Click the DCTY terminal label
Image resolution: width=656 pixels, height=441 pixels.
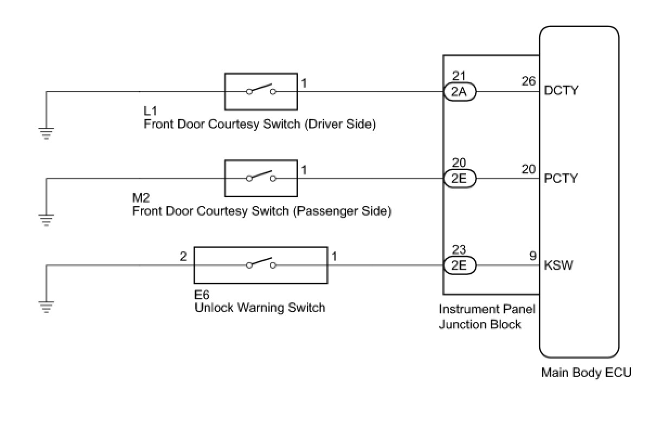pos(561,90)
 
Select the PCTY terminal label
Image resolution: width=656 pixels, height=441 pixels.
pos(561,178)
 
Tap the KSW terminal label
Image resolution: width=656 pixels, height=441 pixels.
pos(558,266)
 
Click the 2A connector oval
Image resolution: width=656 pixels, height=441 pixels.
pos(459,92)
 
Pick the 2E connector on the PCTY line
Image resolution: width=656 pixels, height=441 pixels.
pos(459,179)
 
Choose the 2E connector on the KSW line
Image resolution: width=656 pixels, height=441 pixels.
pos(459,265)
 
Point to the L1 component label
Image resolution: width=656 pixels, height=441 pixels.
pos(150,111)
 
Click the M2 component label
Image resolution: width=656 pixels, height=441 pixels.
pos(141,198)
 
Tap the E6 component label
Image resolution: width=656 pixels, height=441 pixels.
pos(202,295)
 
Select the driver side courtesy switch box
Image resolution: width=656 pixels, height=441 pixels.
pos(261,92)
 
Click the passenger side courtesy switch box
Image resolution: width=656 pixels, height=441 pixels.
pos(261,178)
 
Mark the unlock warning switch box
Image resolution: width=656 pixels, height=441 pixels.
pos(261,265)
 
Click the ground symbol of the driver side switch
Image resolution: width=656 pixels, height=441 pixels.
pos(47,132)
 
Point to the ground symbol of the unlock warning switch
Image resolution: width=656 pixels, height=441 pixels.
pos(47,307)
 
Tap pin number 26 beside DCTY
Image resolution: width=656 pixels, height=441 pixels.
pos(529,81)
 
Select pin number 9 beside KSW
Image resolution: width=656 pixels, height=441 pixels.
pos(533,256)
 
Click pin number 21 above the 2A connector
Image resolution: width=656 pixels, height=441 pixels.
pos(459,77)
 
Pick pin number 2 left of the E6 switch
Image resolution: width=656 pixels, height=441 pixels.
pos(183,256)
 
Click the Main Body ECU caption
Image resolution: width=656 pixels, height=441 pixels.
pos(586,373)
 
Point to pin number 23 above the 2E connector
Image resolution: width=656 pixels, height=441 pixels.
pos(459,250)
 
